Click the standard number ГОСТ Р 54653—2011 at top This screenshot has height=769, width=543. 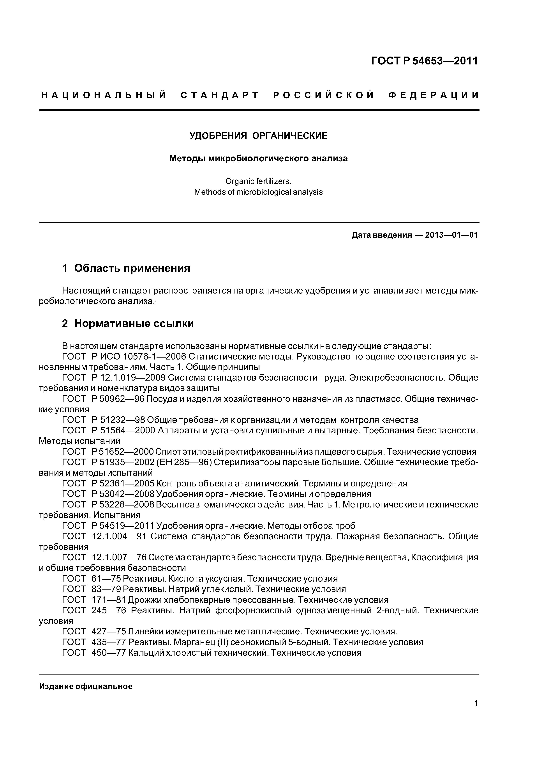pos(424,61)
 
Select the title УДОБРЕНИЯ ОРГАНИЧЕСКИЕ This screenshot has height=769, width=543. pos(258,136)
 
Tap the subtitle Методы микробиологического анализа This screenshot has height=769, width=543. pos(258,158)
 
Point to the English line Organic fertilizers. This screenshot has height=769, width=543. pos(258,181)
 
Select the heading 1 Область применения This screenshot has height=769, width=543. pos(126,268)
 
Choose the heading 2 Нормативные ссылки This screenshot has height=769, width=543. pos(128,324)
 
